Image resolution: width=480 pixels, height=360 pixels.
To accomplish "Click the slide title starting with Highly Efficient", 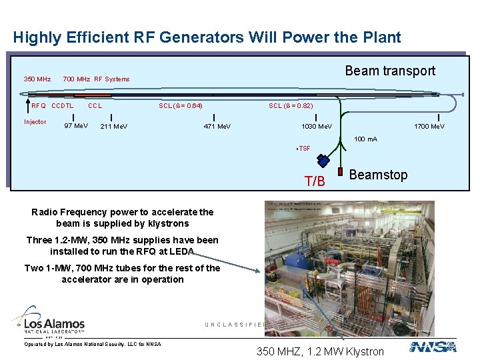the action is [x=207, y=37].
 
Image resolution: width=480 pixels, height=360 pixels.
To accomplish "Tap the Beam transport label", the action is [x=390, y=71].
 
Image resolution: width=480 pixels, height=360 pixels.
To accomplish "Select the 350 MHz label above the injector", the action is [x=37, y=79].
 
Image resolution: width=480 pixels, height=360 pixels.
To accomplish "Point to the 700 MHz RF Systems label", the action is [x=96, y=79].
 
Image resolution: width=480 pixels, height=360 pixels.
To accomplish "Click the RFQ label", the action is [x=39, y=105].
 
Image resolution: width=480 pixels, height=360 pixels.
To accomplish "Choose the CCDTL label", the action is [x=63, y=105].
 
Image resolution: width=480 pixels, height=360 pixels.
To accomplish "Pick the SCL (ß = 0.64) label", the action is [x=181, y=105].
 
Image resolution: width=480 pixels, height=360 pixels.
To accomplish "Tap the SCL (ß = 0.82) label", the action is [x=291, y=105].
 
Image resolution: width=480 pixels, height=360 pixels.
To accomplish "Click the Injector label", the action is [x=35, y=122].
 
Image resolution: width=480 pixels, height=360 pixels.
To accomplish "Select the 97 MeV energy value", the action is [x=76, y=126].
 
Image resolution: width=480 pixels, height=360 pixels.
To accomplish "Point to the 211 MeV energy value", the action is [x=114, y=126].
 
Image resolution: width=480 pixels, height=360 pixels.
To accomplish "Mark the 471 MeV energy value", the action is [x=217, y=126].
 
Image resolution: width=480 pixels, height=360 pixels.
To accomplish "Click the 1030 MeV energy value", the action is [x=317, y=126].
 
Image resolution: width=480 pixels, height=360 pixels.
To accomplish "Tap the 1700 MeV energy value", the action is [x=429, y=126].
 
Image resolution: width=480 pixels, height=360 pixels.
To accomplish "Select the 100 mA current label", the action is [x=365, y=139].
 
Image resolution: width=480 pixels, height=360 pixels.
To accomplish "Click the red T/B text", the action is [x=315, y=181].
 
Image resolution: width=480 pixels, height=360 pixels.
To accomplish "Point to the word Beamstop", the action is [x=378, y=175].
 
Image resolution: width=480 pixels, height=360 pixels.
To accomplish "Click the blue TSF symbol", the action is [x=323, y=160].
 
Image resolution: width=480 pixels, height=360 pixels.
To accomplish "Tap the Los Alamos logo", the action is [x=48, y=321].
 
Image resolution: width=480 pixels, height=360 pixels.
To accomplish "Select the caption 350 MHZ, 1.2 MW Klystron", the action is [x=320, y=351].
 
